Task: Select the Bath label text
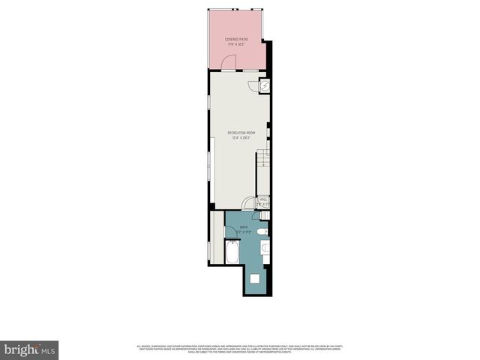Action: (x=244, y=226)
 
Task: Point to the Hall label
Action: (x=263, y=199)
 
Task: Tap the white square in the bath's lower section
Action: (x=254, y=279)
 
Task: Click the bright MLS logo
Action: (x=30, y=349)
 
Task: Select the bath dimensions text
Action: (x=244, y=232)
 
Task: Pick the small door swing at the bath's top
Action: (x=256, y=216)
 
